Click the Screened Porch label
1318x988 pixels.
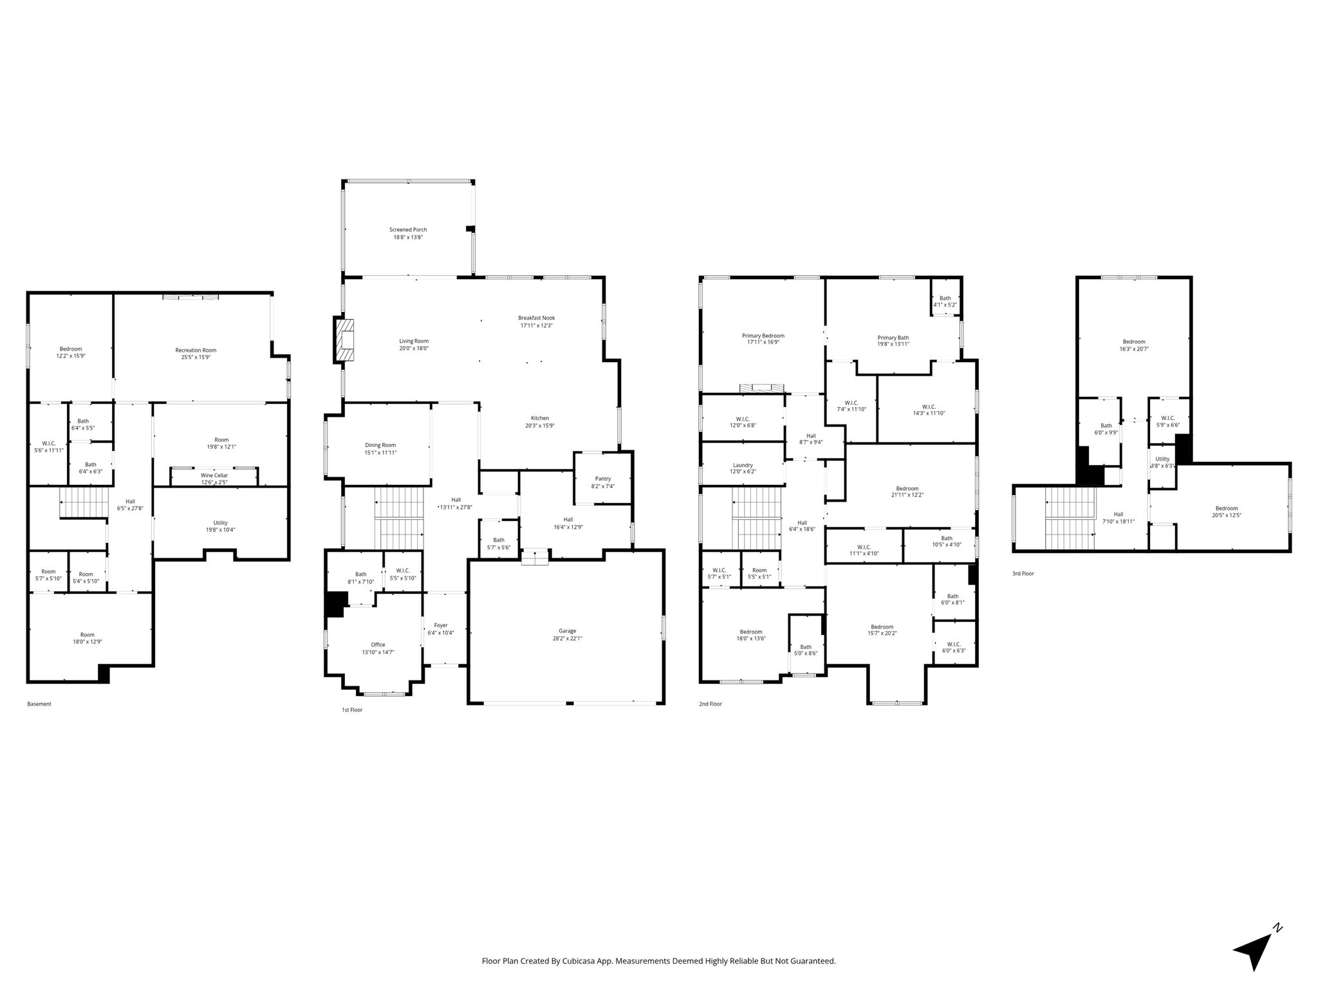pos(408,230)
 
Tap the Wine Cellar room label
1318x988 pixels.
pos(214,475)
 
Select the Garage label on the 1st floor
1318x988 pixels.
pos(567,630)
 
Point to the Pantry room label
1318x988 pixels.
pos(603,479)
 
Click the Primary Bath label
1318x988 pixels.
pos(893,337)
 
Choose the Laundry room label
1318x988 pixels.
pos(743,465)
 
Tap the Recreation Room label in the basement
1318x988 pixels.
pos(196,350)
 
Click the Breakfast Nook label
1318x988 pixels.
pos(537,318)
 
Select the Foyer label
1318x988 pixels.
pos(441,625)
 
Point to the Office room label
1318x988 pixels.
pos(378,645)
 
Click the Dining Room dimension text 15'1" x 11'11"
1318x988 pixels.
pos(380,453)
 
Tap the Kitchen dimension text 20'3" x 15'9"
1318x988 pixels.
pos(540,426)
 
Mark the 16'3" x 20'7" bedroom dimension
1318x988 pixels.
pos(1134,349)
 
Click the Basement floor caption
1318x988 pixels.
pos(39,704)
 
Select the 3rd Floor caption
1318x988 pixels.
pos(1023,573)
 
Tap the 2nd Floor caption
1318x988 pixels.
pos(710,704)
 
